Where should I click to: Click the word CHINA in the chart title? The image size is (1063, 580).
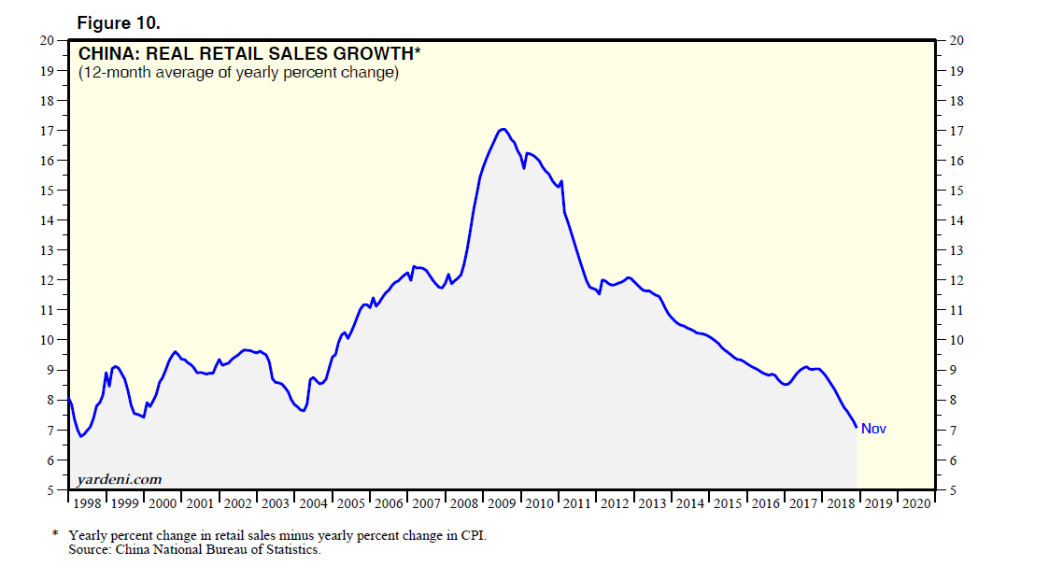pyautogui.click(x=106, y=53)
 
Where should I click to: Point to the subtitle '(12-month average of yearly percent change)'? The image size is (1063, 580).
pyautogui.click(x=238, y=73)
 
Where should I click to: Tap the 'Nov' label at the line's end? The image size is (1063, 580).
pyautogui.click(x=873, y=429)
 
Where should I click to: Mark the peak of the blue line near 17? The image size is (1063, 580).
pyautogui.click(x=503, y=129)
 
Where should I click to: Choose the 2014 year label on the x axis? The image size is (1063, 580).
pyautogui.click(x=691, y=503)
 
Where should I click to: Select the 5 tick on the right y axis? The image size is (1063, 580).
pyautogui.click(x=954, y=490)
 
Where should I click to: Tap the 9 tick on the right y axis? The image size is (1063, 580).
pyautogui.click(x=954, y=371)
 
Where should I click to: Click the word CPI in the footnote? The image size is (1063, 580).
pyautogui.click(x=475, y=535)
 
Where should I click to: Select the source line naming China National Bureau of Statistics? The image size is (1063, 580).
pyautogui.click(x=194, y=549)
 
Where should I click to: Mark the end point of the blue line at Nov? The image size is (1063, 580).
pyautogui.click(x=857, y=427)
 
